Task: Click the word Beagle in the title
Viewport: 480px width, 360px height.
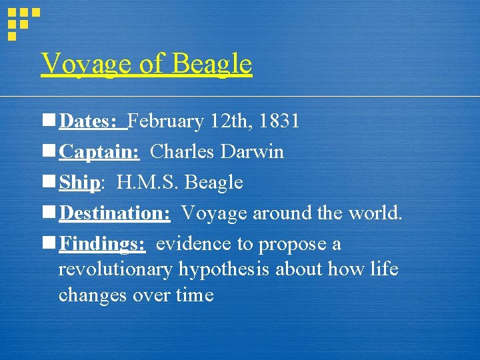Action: (212, 65)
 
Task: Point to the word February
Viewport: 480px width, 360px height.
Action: (165, 121)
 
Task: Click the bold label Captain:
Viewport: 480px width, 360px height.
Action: (99, 152)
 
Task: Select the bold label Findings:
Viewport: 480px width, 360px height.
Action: (102, 244)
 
